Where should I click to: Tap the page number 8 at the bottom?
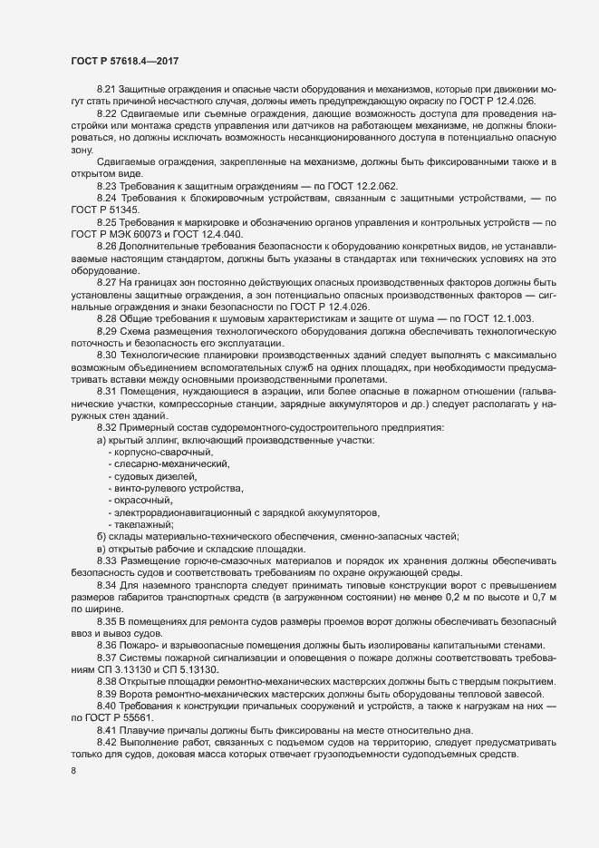pos(73,771)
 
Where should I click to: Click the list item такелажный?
pos(143,524)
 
